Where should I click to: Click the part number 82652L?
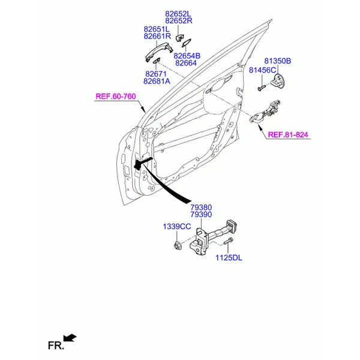click(178, 14)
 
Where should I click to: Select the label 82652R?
click(179, 21)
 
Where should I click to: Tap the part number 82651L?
click(157, 29)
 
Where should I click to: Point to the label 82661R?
click(157, 36)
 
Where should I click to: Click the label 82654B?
click(187, 56)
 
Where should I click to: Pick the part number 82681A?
click(157, 81)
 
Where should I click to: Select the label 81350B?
click(278, 61)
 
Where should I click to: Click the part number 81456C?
click(262, 70)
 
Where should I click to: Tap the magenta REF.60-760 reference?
click(116, 96)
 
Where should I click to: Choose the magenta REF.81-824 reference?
click(288, 134)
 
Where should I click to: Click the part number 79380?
click(201, 208)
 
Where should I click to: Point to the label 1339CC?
click(177, 227)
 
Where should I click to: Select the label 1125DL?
click(229, 258)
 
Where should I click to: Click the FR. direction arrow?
click(70, 338)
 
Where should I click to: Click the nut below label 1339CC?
click(178, 245)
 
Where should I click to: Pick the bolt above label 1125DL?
click(228, 241)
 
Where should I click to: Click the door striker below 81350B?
click(277, 80)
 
